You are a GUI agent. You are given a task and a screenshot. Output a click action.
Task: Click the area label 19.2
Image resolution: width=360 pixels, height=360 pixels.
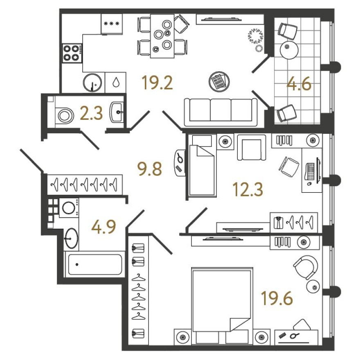click(157, 83)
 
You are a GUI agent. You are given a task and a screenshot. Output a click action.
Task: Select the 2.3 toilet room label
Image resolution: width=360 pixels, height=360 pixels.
click(91, 113)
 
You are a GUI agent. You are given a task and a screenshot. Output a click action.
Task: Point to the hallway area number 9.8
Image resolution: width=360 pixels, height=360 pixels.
click(149, 169)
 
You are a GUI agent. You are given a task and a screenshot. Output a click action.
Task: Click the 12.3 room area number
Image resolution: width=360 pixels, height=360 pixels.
click(248, 189)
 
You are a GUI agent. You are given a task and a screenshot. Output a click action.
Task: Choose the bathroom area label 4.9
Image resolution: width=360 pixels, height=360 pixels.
click(103, 227)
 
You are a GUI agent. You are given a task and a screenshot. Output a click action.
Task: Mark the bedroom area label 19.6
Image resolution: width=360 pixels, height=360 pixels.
click(277, 298)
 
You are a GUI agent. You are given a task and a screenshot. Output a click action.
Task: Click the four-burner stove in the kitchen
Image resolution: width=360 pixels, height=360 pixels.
click(72, 53)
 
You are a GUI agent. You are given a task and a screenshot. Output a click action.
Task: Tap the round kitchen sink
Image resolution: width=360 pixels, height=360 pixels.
click(92, 83)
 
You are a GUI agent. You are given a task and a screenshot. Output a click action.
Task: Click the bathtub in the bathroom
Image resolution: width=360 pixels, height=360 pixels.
click(95, 264)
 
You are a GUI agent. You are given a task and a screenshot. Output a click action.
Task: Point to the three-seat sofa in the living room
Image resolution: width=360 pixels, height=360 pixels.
click(221, 112)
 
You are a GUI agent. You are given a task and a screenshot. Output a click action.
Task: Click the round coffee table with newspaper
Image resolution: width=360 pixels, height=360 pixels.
click(219, 81)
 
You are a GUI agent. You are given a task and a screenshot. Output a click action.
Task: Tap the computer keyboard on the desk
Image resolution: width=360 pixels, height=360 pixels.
click(310, 171)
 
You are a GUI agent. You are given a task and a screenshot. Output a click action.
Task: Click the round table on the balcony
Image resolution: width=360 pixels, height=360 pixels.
click(289, 50)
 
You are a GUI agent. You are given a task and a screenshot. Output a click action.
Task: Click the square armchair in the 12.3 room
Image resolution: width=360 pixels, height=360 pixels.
click(252, 147)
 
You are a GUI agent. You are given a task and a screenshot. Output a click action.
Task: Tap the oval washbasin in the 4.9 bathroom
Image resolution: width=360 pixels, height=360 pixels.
click(72, 238)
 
